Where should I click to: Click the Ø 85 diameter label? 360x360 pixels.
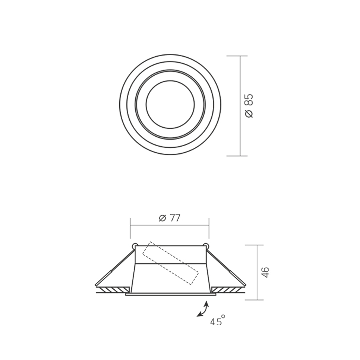(249, 106)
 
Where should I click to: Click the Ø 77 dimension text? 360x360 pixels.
(170, 218)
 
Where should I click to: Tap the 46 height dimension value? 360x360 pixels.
(266, 272)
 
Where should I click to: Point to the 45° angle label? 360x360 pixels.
(218, 320)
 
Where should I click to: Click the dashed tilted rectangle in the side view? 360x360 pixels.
(171, 263)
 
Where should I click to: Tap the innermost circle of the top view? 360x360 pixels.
(170, 104)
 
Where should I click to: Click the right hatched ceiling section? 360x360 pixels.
(228, 290)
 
